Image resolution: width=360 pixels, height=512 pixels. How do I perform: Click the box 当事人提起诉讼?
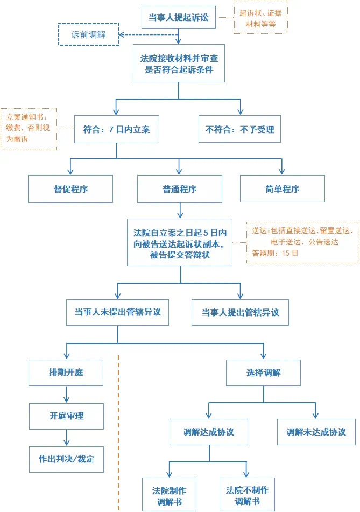(x=178, y=18)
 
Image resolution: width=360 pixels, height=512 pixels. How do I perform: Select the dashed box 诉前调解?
(x=88, y=35)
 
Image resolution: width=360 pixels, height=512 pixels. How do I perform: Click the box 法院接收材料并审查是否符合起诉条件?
(x=179, y=63)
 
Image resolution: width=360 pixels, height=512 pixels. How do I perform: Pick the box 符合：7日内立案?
(x=117, y=129)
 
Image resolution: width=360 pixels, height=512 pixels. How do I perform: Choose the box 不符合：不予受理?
(x=239, y=129)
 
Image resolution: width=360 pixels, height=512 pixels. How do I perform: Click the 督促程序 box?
(x=70, y=189)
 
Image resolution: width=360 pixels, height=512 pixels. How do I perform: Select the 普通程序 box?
(x=179, y=189)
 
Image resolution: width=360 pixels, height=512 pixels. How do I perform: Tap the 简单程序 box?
(x=282, y=189)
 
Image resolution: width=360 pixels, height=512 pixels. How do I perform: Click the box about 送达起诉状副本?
(x=180, y=243)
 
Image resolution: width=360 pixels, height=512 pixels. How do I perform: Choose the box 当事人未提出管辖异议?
(x=117, y=312)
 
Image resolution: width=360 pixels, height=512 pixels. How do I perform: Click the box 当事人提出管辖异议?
(x=240, y=312)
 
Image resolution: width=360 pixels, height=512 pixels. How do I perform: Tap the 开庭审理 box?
(x=66, y=416)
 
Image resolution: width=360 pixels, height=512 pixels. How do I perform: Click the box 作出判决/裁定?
(x=66, y=459)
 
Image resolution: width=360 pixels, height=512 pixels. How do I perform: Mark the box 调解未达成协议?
(x=316, y=432)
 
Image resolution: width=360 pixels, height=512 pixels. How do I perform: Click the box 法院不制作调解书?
(x=247, y=495)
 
